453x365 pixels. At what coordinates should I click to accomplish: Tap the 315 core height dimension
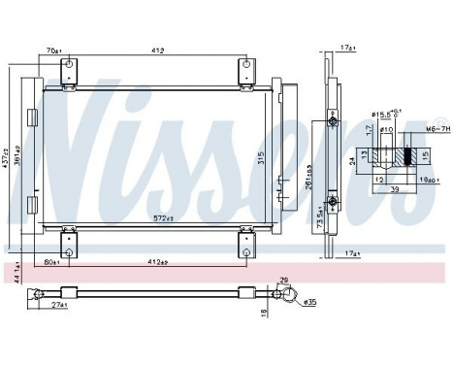261,158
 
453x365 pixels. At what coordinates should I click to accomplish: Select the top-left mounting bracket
68,71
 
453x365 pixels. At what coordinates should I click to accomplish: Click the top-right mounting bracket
244,71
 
